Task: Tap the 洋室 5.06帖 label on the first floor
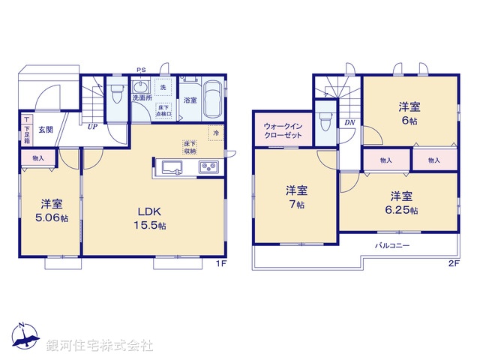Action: point(51,210)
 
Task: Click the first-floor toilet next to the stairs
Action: point(115,94)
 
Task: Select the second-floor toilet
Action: point(325,120)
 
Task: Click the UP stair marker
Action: point(91,127)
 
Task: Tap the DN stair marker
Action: point(349,122)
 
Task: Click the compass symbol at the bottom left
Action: point(24,337)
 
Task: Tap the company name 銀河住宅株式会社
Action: point(100,345)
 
